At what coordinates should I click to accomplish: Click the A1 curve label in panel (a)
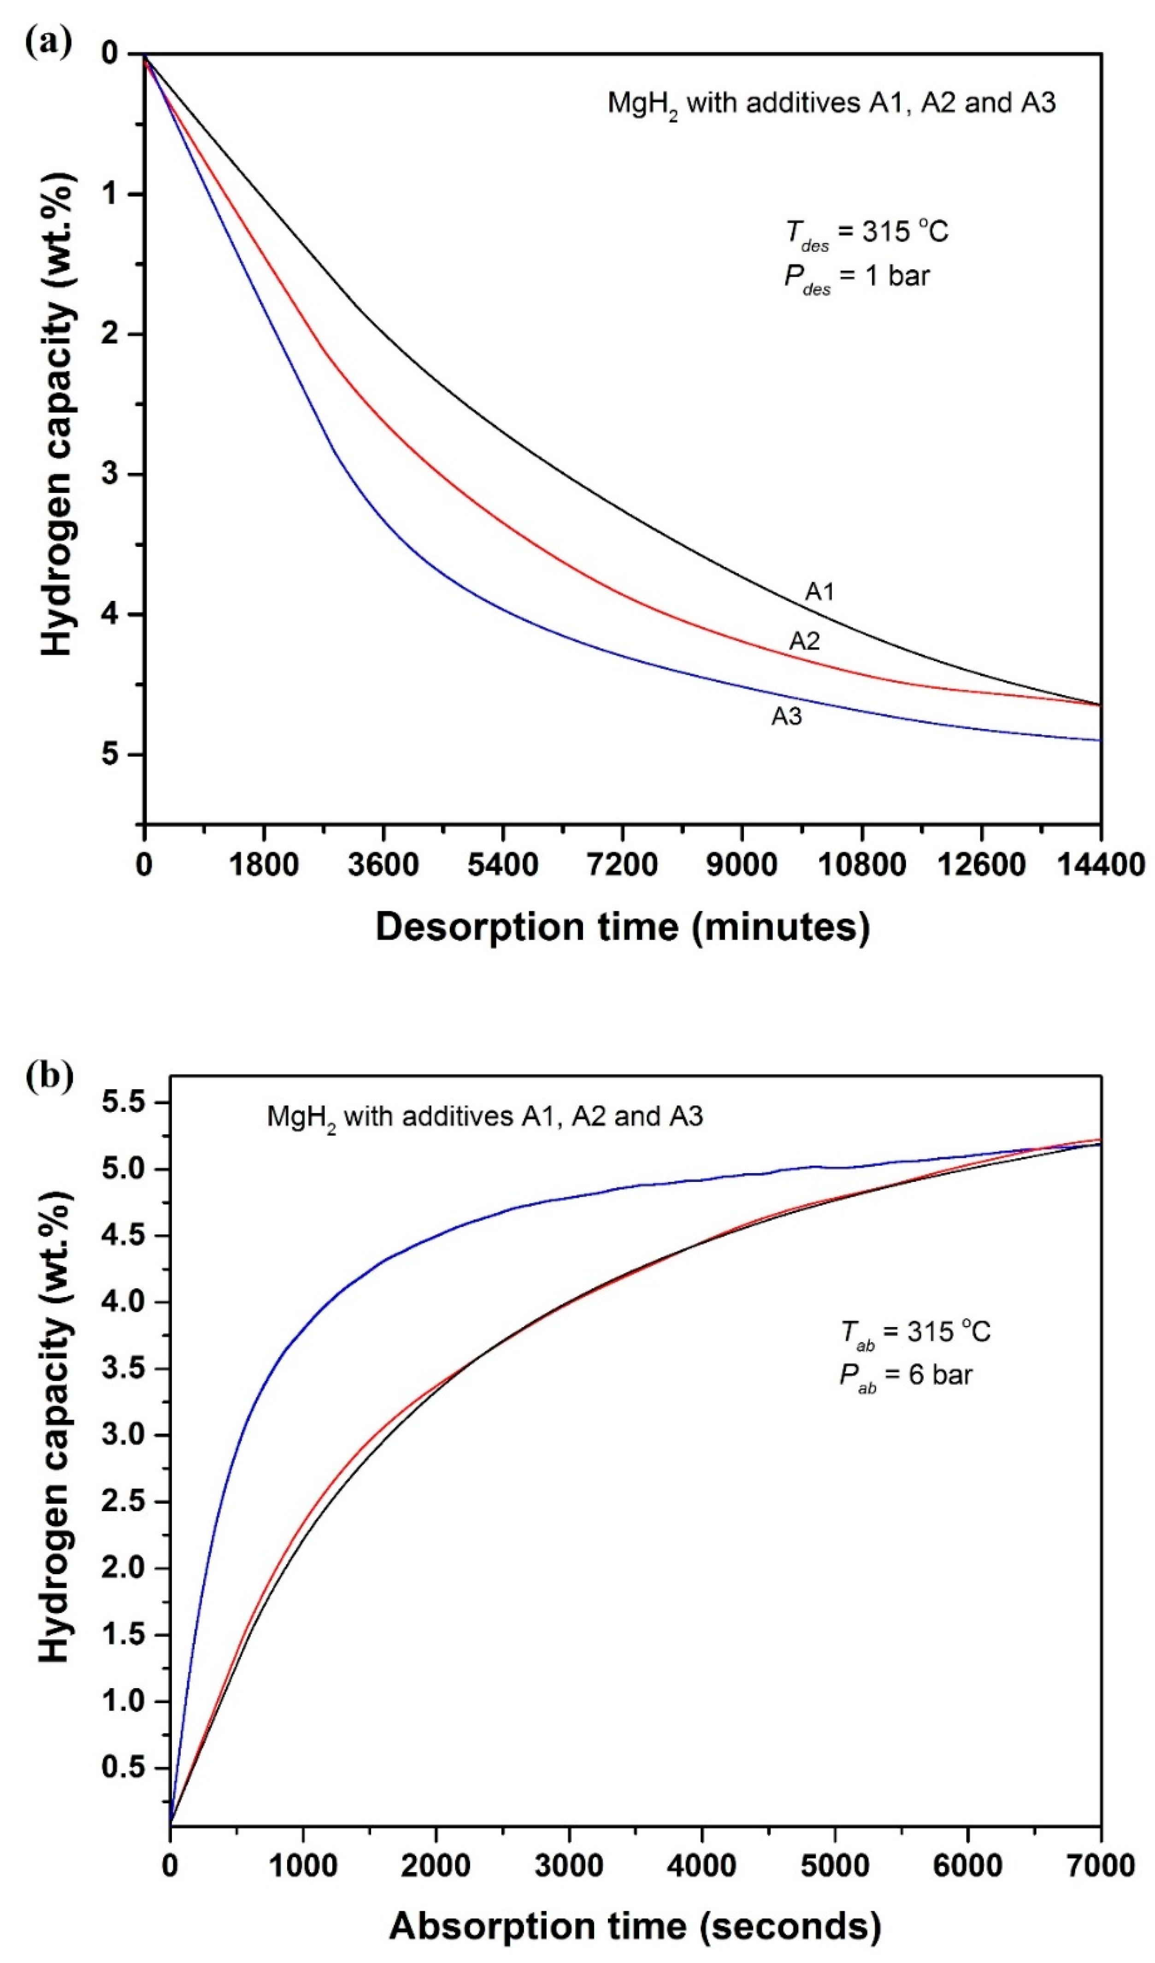point(819,592)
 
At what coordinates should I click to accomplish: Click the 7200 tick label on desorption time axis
point(622,865)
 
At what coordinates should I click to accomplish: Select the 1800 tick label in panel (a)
point(264,865)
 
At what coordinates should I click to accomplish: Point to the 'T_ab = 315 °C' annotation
point(915,1332)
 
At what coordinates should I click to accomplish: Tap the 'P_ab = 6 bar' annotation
point(905,1376)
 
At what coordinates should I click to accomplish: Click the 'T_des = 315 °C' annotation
point(866,232)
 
